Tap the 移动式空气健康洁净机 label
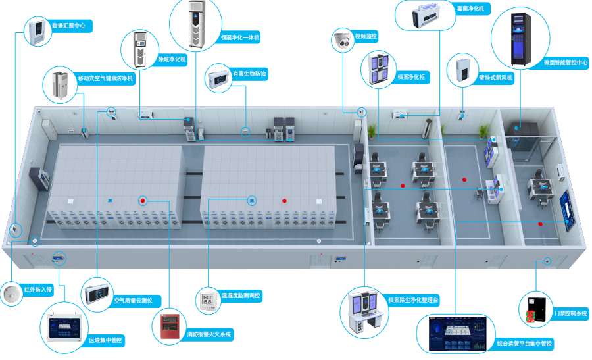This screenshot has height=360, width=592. pyautogui.click(x=105, y=78)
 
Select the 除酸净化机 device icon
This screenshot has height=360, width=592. pyautogui.click(x=139, y=49)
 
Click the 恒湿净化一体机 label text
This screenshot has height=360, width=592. pyautogui.click(x=240, y=38)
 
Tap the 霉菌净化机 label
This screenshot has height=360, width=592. pyautogui.click(x=470, y=9)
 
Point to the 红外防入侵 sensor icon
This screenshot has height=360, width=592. pyautogui.click(x=11, y=294)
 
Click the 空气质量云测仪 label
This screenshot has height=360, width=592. pyautogui.click(x=133, y=301)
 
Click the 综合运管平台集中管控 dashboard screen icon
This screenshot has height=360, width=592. pyautogui.click(x=458, y=334)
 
